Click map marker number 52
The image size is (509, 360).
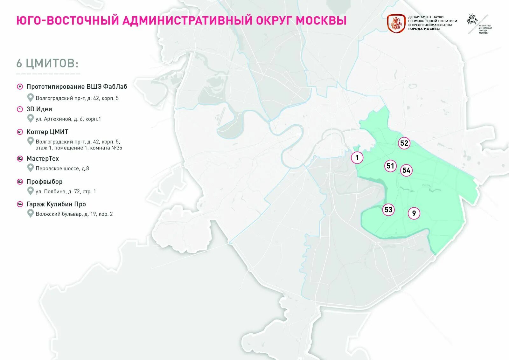[x=404, y=143]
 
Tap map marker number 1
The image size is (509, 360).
[x=357, y=157]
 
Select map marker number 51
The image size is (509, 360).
[x=390, y=166]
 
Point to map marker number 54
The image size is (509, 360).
[x=406, y=170]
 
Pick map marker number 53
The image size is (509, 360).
[x=388, y=210]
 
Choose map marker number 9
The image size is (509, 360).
[x=414, y=213]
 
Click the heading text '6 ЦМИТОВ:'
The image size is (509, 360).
[x=47, y=63]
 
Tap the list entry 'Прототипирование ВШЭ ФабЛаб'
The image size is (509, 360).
[x=77, y=87]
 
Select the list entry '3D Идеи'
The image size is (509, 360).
[x=39, y=109]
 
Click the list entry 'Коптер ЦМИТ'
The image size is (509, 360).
[x=47, y=132]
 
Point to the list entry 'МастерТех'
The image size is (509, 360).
[x=43, y=158]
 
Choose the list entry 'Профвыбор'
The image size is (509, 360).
[x=45, y=182]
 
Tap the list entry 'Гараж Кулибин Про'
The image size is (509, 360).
[x=56, y=204]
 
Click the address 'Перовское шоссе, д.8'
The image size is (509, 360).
[x=62, y=168]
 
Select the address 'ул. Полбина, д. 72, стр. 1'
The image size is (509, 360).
[x=66, y=191]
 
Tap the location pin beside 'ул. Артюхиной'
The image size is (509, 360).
[x=31, y=118]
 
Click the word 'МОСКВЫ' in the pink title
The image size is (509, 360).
[x=321, y=20]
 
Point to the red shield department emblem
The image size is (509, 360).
[x=396, y=23]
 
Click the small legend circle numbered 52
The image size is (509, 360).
[x=20, y=158]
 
